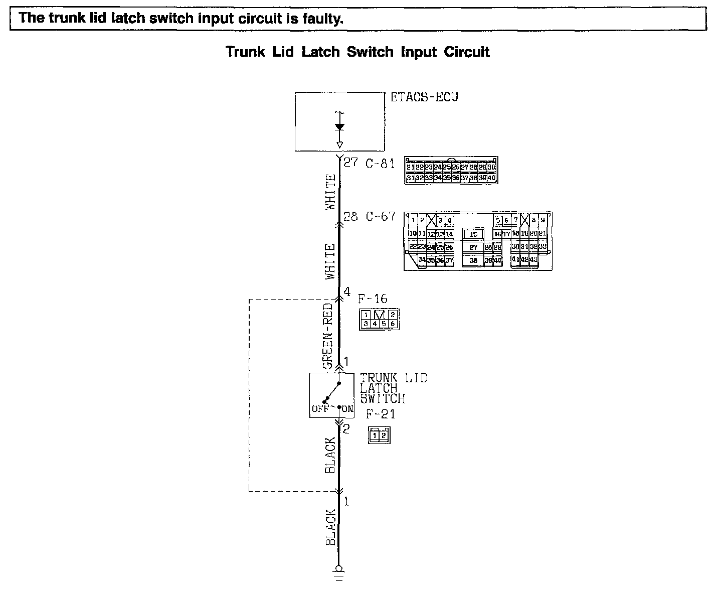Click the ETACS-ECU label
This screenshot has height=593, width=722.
click(x=424, y=97)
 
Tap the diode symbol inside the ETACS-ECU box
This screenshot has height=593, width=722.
click(x=339, y=127)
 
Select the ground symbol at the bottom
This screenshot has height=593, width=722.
click(x=339, y=572)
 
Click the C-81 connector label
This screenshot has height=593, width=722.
click(x=380, y=164)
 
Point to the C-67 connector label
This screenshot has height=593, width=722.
click(x=380, y=217)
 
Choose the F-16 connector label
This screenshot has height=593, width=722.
click(x=373, y=299)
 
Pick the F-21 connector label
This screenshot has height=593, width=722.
click(x=380, y=414)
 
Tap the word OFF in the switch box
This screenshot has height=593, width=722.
click(x=320, y=409)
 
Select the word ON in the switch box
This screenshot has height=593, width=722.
click(x=347, y=409)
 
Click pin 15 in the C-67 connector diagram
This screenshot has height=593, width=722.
click(x=473, y=234)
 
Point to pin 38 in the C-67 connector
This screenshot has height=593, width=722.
click(x=473, y=260)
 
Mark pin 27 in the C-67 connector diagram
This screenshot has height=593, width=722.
click(x=473, y=247)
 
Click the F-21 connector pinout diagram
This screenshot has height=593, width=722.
click(x=379, y=435)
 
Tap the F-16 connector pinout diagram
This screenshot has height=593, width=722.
click(x=379, y=319)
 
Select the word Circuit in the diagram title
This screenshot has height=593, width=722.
click(x=467, y=52)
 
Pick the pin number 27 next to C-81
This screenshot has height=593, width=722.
click(x=350, y=163)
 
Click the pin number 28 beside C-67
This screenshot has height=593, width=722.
click(x=350, y=217)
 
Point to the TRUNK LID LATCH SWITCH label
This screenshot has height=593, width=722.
click(x=393, y=388)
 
